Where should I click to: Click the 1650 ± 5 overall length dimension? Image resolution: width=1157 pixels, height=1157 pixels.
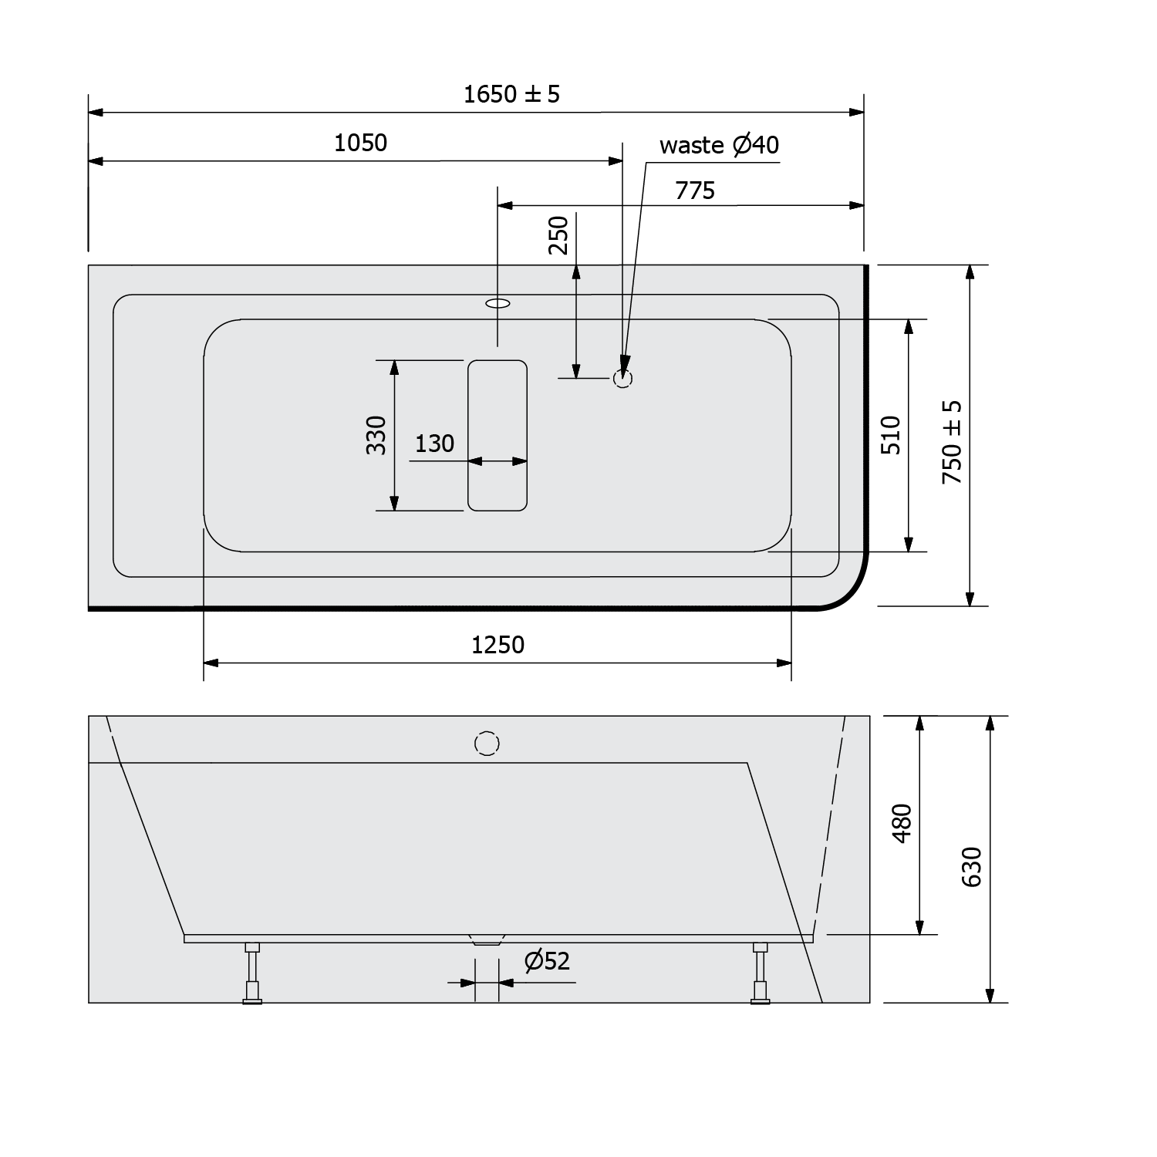click(511, 94)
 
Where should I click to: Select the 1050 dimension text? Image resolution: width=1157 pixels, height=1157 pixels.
click(360, 143)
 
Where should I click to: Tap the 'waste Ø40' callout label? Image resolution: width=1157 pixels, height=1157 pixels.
click(719, 145)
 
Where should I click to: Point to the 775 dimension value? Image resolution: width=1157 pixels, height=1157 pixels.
click(695, 190)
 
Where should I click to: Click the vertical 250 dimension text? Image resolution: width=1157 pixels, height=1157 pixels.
click(558, 235)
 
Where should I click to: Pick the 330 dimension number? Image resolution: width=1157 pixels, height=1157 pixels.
click(376, 435)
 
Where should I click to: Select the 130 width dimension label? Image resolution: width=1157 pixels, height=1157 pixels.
click(434, 444)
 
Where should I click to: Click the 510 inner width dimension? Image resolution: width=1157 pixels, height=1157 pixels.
click(891, 435)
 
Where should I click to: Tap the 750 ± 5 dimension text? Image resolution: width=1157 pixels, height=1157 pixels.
click(953, 442)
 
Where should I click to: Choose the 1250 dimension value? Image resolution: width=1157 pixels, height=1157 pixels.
click(498, 644)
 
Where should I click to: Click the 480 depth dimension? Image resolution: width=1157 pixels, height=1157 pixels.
click(902, 823)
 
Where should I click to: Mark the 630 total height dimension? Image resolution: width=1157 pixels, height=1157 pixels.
click(972, 866)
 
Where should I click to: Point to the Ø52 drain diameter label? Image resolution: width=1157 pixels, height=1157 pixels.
click(546, 961)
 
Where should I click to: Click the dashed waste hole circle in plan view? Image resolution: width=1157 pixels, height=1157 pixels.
click(622, 379)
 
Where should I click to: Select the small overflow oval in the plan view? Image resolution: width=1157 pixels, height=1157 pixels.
click(498, 303)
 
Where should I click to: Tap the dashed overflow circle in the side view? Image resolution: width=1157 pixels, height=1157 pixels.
click(487, 744)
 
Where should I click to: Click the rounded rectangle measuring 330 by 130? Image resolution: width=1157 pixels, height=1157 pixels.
click(498, 435)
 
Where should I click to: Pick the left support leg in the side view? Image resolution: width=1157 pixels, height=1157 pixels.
click(251, 973)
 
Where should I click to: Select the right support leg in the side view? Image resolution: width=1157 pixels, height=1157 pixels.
click(761, 973)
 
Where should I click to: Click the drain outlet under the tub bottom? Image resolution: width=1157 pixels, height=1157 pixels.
click(486, 940)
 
